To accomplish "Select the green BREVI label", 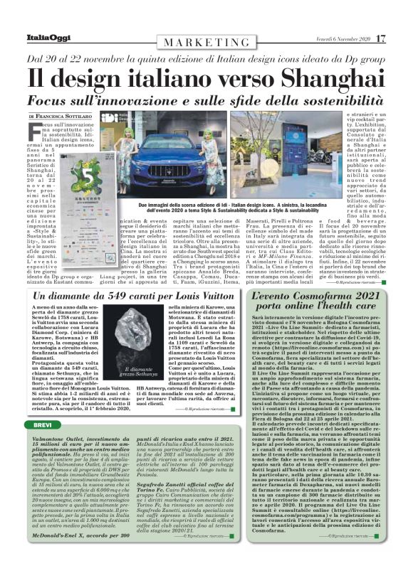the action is pyautogui.click(x=38, y=424).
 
